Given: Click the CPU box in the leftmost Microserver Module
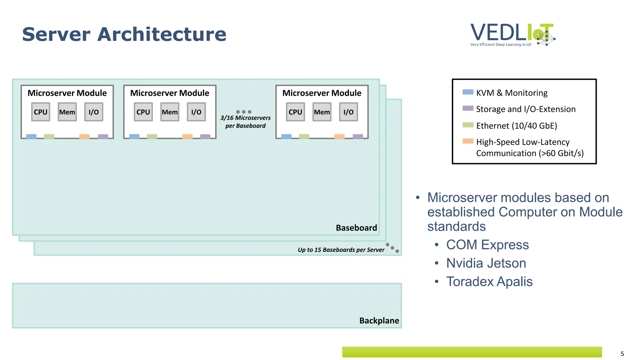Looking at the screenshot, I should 41,112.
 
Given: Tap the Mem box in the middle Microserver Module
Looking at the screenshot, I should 170,112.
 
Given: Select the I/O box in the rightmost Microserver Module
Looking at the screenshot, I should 348,112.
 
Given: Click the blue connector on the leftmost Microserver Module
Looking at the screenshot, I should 31,137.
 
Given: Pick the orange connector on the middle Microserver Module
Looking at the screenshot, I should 187,137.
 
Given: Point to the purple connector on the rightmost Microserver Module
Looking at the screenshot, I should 358,137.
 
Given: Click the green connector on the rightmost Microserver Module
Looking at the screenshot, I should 304,137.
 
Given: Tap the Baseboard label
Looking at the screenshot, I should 356,228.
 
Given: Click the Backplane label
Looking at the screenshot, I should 379,321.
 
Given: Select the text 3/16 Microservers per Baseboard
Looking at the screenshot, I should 245,122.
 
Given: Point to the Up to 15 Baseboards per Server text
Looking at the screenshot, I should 341,250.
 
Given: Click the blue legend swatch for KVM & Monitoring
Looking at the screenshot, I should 468,92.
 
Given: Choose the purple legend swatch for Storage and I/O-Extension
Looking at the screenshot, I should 468,108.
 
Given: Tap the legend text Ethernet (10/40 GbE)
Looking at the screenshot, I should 517,126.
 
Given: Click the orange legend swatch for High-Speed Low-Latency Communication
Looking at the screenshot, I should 468,141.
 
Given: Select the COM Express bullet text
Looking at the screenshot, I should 487,245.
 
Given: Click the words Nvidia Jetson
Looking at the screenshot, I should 486,263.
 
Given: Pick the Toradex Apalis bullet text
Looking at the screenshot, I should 489,282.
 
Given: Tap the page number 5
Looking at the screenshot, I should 622,354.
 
